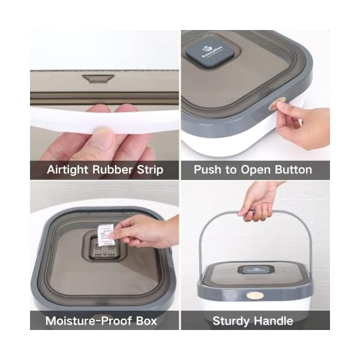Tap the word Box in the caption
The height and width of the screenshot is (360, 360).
click(144, 320)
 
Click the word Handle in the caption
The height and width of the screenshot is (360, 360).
click(273, 320)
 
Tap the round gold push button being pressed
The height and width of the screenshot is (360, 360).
click(274, 106)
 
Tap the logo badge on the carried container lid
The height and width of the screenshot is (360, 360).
click(254, 270)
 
